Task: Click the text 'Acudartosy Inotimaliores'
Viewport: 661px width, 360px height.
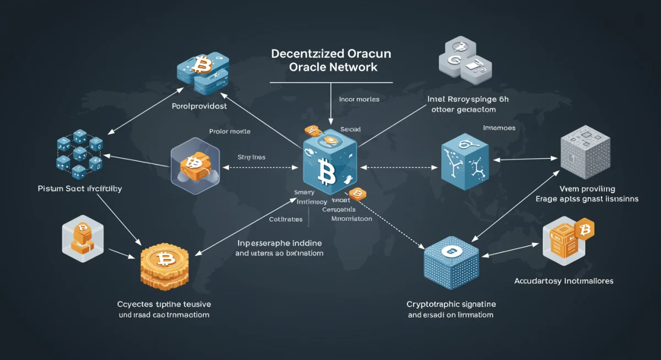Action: click(x=564, y=281)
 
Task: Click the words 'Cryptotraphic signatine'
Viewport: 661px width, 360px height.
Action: click(x=451, y=304)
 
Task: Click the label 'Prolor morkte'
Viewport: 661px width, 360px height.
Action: click(x=230, y=132)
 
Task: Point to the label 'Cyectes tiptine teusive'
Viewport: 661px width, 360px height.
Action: click(x=164, y=304)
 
